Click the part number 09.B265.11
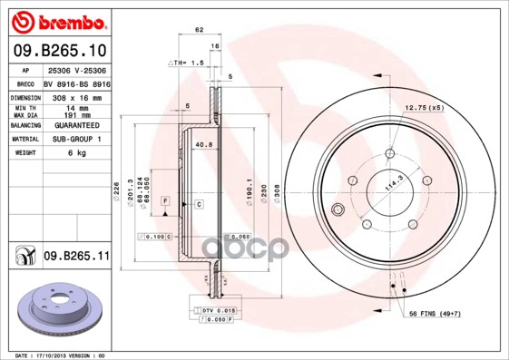[76, 257]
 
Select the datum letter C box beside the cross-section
[198, 205]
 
